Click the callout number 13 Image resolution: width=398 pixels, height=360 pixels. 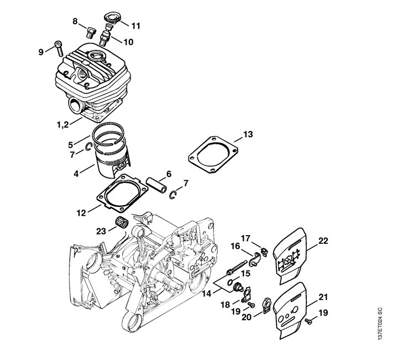(248, 134)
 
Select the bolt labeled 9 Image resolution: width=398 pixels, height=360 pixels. (59, 49)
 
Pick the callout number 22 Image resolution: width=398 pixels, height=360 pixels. (323, 241)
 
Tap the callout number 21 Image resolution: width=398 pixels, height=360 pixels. (323, 297)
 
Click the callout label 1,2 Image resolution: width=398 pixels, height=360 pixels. (62, 124)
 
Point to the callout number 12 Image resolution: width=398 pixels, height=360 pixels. (81, 213)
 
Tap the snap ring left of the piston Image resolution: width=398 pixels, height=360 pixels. (88, 147)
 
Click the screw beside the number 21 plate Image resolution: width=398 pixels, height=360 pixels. (308, 321)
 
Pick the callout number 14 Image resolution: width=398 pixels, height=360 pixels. (207, 294)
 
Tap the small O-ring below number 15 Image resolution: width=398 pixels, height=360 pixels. (231, 282)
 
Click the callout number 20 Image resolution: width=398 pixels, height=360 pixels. (247, 317)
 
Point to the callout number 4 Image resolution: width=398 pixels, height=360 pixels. (76, 174)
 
